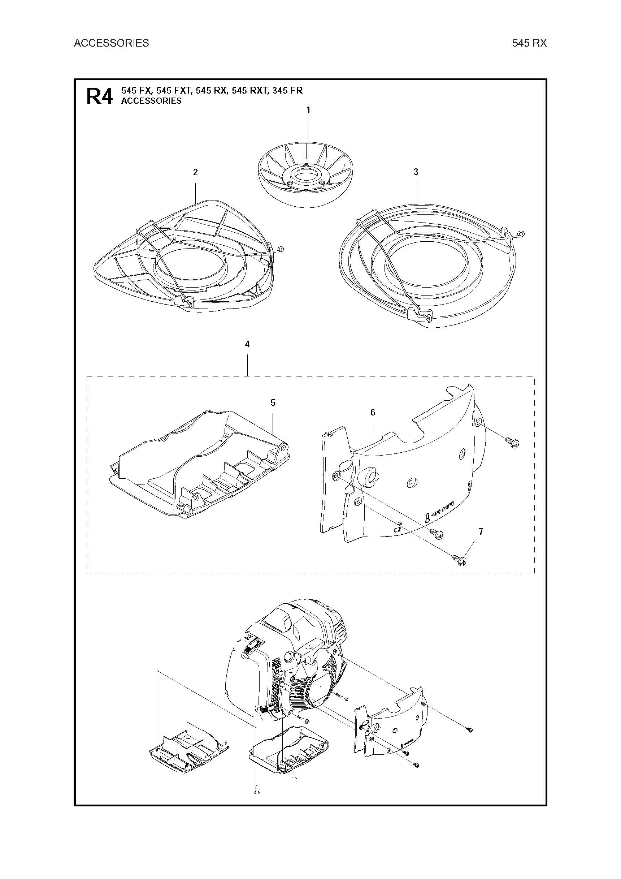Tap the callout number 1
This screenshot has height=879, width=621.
[308, 110]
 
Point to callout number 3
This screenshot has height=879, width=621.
[416, 172]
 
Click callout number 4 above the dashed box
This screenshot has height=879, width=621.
[247, 344]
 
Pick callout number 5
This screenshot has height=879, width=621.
[273, 402]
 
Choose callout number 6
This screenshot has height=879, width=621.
[373, 412]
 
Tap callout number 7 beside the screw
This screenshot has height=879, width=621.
[481, 531]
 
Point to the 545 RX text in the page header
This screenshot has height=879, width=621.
[530, 43]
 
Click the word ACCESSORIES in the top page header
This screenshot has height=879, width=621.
[111, 43]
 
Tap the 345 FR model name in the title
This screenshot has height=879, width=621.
[287, 91]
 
